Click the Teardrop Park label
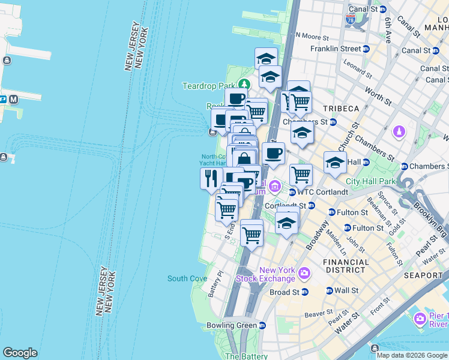pyautogui.click(x=208, y=86)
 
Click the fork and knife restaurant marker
pyautogui.click(x=211, y=178)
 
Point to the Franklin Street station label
pyautogui.click(x=336, y=49)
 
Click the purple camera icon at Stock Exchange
pyautogui.click(x=304, y=274)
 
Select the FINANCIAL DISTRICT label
pyautogui.click(x=346, y=266)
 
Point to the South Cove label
pyautogui.click(x=187, y=278)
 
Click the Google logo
pyautogui.click(x=20, y=353)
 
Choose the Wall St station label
pyautogui.click(x=347, y=290)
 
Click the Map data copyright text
pyautogui.click(x=411, y=355)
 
